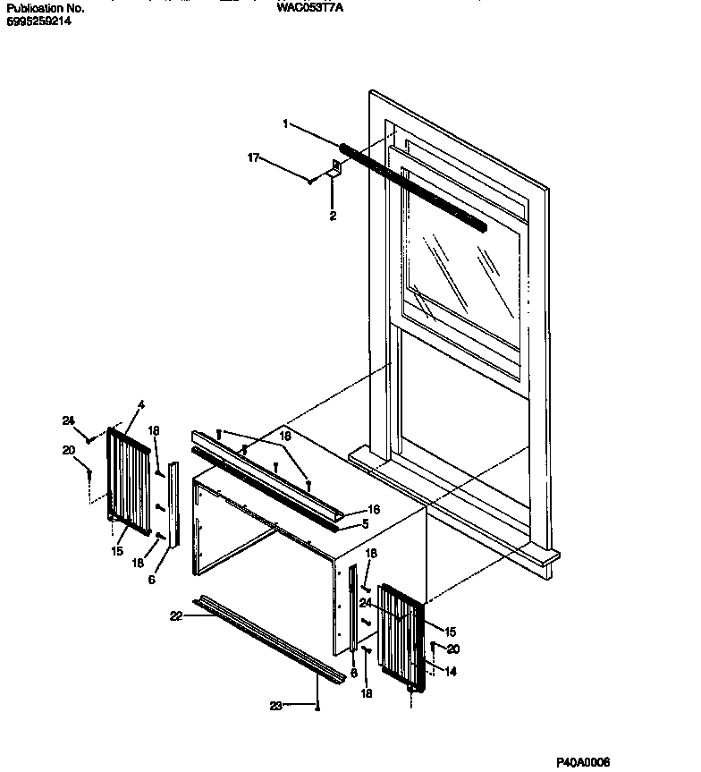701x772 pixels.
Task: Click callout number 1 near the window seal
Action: (x=286, y=124)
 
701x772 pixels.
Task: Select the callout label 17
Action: (x=253, y=157)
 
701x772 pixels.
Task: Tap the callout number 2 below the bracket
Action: (x=333, y=216)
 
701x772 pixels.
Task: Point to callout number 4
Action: (x=140, y=405)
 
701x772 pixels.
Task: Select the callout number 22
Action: (x=175, y=616)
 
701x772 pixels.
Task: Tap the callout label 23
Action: (x=276, y=706)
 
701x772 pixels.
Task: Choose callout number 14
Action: (x=451, y=672)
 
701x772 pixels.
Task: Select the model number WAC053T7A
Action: (x=310, y=7)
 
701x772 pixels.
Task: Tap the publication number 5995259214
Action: (x=38, y=20)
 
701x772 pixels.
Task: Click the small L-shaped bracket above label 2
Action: (x=337, y=168)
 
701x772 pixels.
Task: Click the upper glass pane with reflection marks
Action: (x=460, y=268)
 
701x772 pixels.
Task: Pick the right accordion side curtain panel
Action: (x=400, y=634)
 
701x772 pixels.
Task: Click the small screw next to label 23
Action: (x=318, y=706)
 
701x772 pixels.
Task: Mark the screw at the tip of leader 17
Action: (x=309, y=181)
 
